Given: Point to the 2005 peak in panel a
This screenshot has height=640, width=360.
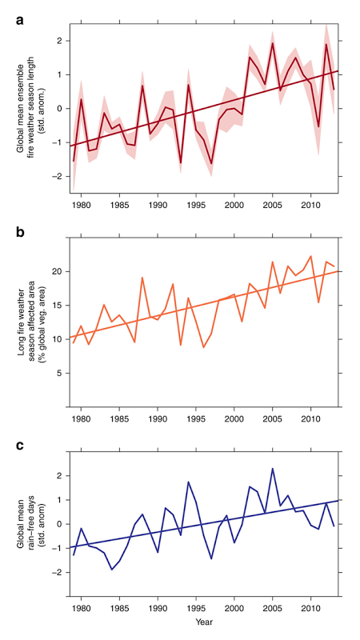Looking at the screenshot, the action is [273, 43].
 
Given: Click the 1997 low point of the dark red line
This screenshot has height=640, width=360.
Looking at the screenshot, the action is [211, 164].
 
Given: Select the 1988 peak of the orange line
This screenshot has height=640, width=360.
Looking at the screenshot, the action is [142, 278].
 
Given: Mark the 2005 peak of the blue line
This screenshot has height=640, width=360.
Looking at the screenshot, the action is [273, 469].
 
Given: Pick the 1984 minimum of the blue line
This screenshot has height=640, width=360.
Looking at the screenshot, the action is [111, 570].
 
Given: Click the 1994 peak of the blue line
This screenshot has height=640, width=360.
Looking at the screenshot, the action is [188, 482].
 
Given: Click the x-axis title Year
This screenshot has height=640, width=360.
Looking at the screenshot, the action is [203, 622].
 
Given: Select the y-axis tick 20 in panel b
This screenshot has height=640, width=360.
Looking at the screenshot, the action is [57, 271].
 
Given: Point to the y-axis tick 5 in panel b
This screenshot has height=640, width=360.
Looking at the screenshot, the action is [59, 373].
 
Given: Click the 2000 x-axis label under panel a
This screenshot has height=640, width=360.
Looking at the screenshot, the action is [234, 204].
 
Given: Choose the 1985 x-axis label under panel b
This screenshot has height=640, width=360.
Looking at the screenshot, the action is [119, 418].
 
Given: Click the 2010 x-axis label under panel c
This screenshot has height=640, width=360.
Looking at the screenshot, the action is [311, 610].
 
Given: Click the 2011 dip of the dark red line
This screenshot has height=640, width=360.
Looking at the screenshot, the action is [318, 127].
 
